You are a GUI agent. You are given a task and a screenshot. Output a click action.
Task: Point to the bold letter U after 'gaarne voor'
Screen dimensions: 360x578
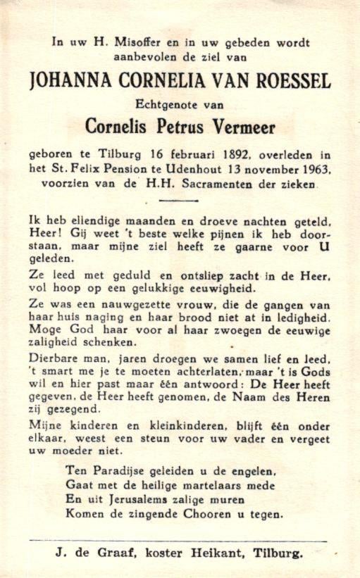coord(325,247)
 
